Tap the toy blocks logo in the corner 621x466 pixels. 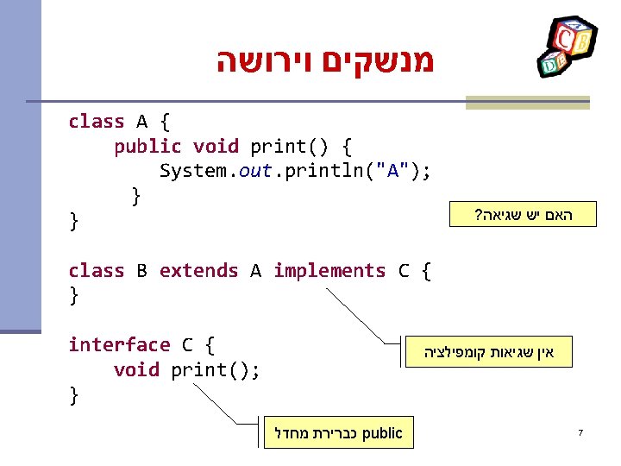564,47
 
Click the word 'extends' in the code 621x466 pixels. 198,271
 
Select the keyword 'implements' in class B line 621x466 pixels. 329,271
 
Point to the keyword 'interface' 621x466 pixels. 119,345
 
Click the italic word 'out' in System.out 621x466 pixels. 255,171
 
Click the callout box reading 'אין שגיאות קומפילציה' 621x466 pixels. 490,352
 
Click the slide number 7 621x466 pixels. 581,432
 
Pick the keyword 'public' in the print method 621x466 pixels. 147,147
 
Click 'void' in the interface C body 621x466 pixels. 136,370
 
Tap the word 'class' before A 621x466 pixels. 96,122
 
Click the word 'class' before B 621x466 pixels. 96,271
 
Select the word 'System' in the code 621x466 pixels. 193,171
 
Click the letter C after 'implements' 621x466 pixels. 404,271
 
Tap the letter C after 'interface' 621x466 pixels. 187,345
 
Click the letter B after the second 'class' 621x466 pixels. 141,271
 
